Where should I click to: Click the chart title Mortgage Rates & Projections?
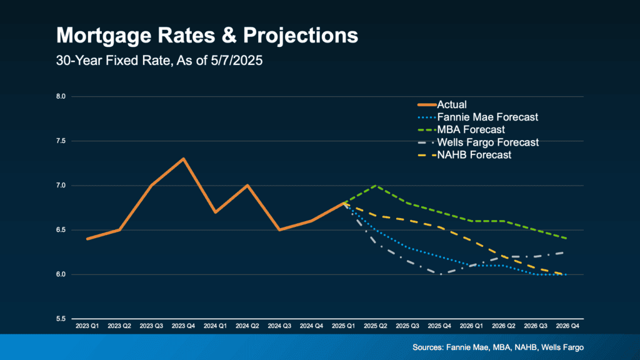pyautogui.click(x=207, y=35)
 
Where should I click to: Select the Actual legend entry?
pyautogui.click(x=452, y=105)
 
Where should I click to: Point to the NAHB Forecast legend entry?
pyautogui.click(x=474, y=154)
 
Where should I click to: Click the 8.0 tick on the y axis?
pyautogui.click(x=61, y=97)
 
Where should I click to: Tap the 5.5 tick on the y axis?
pyautogui.click(x=61, y=319)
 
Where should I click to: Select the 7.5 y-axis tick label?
pyautogui.click(x=61, y=141)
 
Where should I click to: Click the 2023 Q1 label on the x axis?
pyautogui.click(x=87, y=327)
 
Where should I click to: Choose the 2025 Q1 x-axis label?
pyautogui.click(x=344, y=327)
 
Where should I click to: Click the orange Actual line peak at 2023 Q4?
pyautogui.click(x=183, y=159)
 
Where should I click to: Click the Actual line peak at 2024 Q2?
pyautogui.click(x=247, y=186)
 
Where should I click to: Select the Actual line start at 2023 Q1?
pyautogui.click(x=87, y=239)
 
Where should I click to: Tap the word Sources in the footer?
pyautogui.click(x=428, y=347)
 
